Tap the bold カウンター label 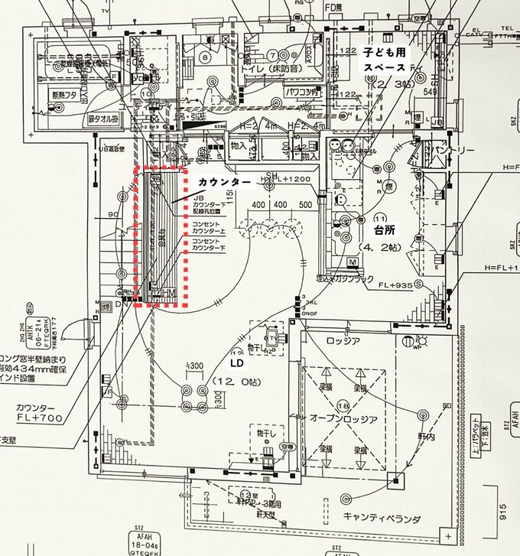pos(225,182)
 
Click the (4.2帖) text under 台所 pos(380,248)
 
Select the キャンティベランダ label pos(382,518)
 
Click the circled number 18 pos(343,405)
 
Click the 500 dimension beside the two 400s pos(307,205)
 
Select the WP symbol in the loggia pos(419,345)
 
